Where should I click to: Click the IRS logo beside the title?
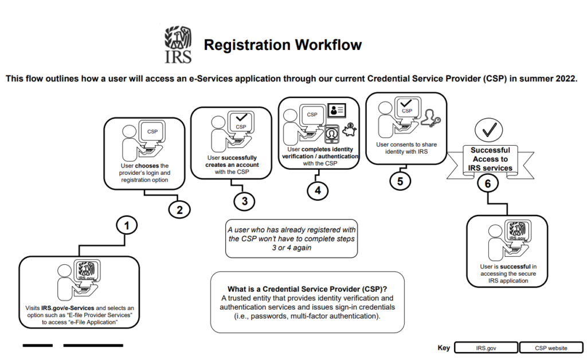(178, 44)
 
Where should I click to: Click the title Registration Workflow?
(283, 45)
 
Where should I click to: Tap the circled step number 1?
(127, 225)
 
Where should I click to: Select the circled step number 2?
(179, 209)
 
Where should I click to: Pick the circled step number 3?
(245, 201)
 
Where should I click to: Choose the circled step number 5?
(400, 181)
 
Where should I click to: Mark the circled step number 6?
(488, 183)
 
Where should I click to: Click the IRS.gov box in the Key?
(486, 348)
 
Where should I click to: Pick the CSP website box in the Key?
(551, 348)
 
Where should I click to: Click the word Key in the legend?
(444, 348)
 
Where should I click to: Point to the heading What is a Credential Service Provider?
(307, 288)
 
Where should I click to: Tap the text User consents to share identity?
(406, 148)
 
